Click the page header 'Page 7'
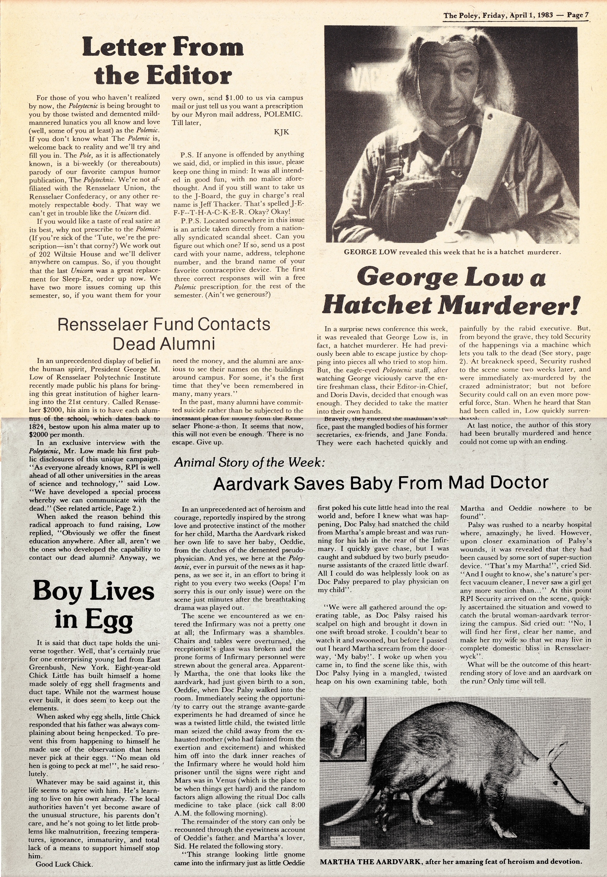[x=578, y=15]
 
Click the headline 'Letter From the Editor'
[x=163, y=61]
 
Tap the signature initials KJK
[x=281, y=132]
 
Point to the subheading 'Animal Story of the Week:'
[x=249, y=462]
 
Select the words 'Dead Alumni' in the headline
[x=164, y=343]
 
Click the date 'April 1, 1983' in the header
[x=531, y=15]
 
